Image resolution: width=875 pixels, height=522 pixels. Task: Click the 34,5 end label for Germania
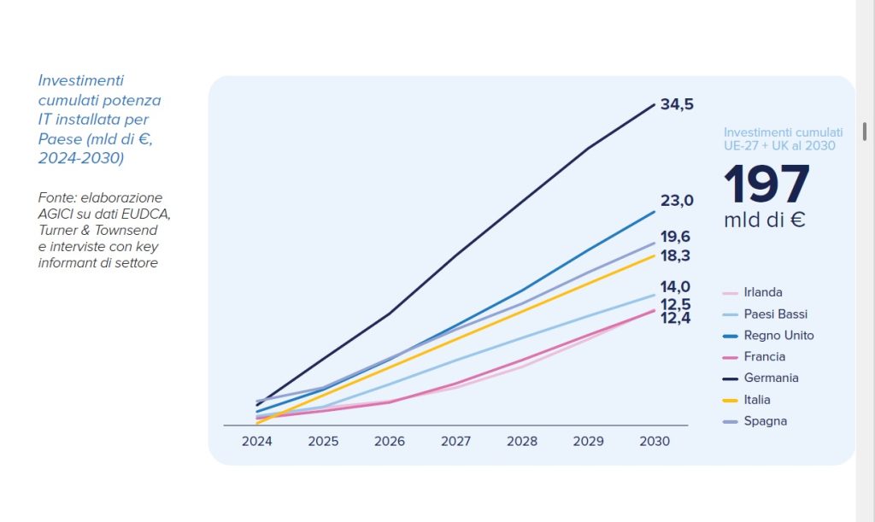click(677, 104)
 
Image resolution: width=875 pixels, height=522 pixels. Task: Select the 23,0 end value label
click(677, 201)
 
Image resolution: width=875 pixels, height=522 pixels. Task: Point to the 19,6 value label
click(675, 237)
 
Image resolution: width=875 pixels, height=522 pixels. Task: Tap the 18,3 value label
click(675, 255)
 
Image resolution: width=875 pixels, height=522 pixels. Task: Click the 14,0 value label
click(675, 287)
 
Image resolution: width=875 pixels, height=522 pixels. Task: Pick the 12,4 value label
click(675, 318)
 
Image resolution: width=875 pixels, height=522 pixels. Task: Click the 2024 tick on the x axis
click(257, 442)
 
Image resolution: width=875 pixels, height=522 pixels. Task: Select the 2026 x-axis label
click(390, 442)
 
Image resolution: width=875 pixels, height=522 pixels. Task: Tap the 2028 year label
click(522, 442)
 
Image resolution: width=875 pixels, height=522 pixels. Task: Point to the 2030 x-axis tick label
click(655, 442)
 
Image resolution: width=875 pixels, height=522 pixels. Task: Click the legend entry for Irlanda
click(762, 292)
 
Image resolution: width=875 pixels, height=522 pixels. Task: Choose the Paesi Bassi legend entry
click(775, 314)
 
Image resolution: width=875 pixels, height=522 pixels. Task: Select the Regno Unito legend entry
click(778, 335)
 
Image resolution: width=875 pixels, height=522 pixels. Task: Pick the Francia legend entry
click(764, 356)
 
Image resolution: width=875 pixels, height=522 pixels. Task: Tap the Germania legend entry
click(771, 378)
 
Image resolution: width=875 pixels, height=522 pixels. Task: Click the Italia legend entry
click(757, 399)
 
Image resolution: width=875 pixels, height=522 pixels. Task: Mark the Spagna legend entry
click(765, 420)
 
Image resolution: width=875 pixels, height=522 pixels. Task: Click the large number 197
click(766, 184)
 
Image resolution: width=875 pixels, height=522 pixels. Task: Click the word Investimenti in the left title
click(81, 80)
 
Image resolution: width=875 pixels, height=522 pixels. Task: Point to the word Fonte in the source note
click(56, 197)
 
